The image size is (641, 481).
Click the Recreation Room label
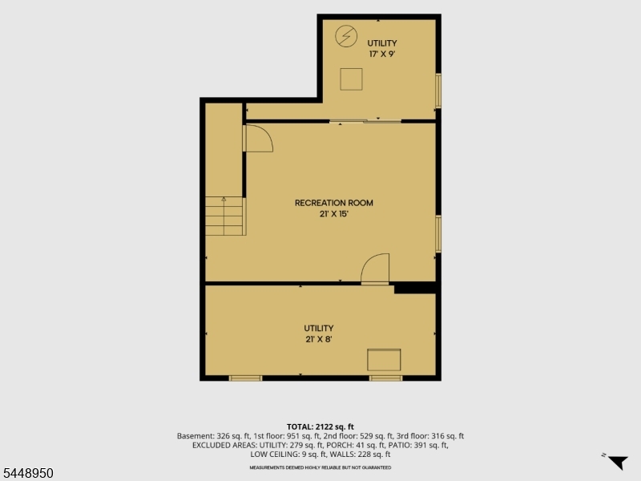tap(334, 203)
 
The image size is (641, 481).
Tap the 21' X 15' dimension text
tap(334, 214)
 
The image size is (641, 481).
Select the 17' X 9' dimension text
tap(382, 54)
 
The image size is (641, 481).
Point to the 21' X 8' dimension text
tap(319, 339)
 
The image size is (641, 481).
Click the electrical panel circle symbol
tap(346, 36)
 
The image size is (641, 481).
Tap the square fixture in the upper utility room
tap(351, 79)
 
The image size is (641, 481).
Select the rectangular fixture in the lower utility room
tap(384, 360)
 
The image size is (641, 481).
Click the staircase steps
tap(225, 216)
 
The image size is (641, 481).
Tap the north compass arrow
tap(618, 462)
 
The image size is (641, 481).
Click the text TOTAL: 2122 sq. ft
tap(320, 427)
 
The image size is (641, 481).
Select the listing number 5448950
tap(27, 473)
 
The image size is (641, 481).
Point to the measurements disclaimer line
tap(320, 467)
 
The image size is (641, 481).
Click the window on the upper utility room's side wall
tap(438, 91)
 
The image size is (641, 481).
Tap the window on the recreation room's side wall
tap(438, 233)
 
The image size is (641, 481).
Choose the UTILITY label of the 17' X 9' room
tap(382, 43)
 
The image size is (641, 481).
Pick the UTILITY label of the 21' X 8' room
tap(319, 328)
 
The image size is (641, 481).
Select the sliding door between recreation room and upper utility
tap(365, 121)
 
